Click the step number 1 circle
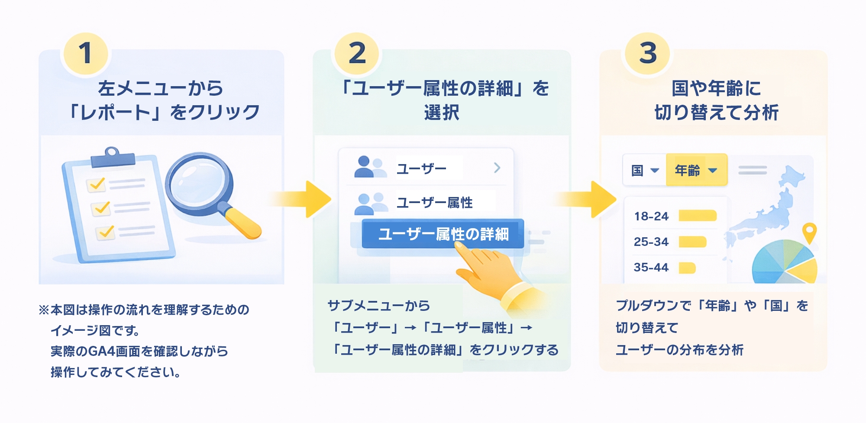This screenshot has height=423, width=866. coord(85,53)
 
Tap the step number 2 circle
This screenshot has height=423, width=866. coord(357,53)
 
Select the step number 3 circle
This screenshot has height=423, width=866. coord(648,53)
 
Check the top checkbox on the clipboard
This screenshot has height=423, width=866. coord(96,184)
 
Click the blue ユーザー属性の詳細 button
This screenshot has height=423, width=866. coord(443,234)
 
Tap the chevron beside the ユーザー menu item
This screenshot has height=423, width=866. coord(497,168)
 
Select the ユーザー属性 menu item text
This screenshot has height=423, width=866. coord(434,203)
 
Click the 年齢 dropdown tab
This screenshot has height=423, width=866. coord(696,170)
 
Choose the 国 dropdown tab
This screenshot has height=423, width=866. coord(644,170)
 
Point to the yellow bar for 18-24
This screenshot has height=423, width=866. coord(697,216)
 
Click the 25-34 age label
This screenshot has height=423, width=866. coord(651,242)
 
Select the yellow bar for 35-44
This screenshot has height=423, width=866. coord(687,268)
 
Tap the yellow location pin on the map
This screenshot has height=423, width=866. coord(809,231)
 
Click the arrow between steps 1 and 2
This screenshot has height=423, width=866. coord(303,199)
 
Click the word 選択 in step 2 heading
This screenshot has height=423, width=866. coord(442,113)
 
